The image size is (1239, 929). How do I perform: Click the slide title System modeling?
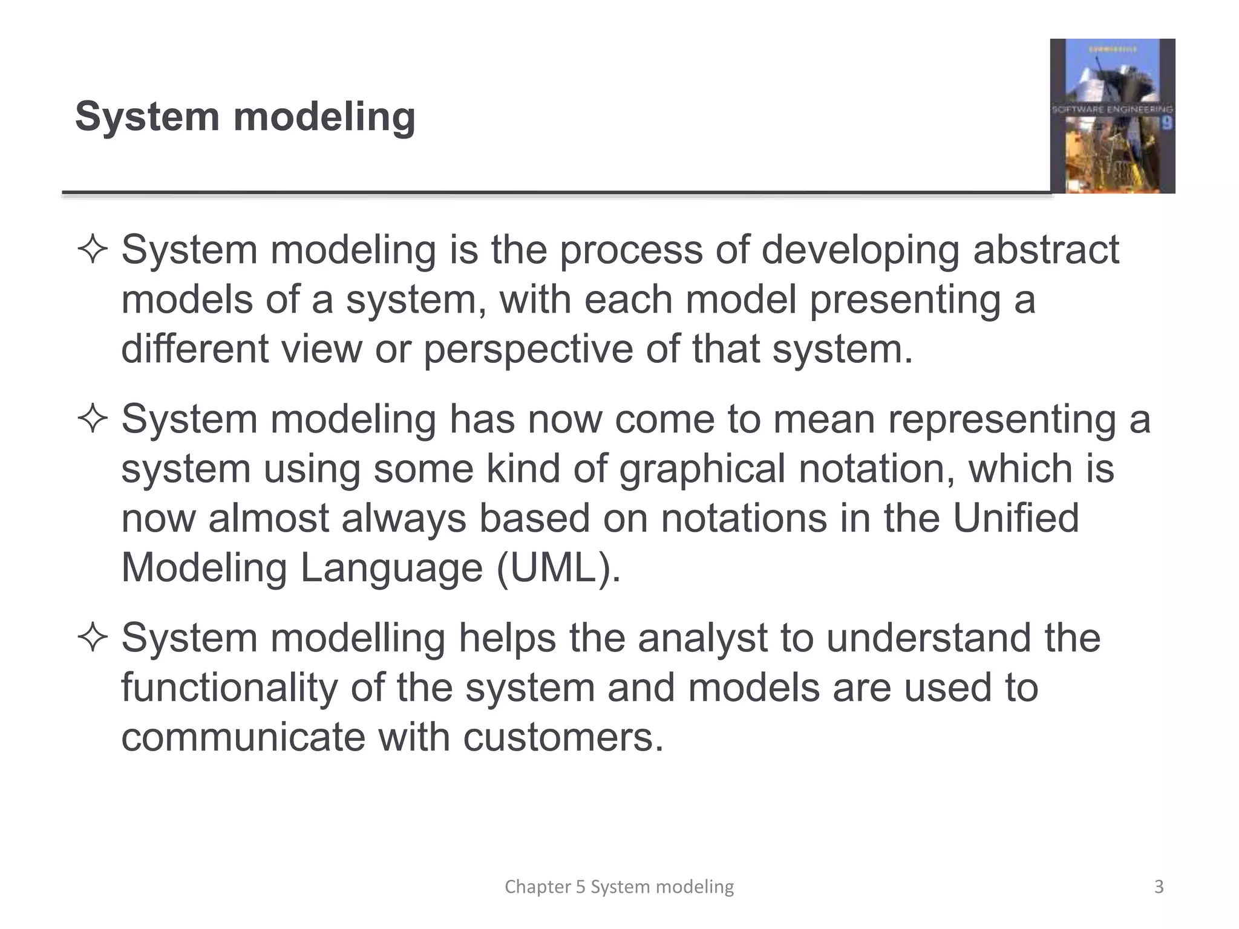[x=245, y=116]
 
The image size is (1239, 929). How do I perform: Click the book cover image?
[x=1112, y=116]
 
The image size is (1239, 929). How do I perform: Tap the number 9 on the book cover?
[x=1166, y=123]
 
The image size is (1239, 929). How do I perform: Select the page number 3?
[x=1159, y=887]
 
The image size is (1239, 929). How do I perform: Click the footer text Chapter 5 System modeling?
[x=619, y=887]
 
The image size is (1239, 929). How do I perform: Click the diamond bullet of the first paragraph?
[x=93, y=250]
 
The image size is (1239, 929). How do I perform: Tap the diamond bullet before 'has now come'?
[x=93, y=419]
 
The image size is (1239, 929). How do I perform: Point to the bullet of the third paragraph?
[x=93, y=638]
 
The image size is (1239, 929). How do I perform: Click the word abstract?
[x=1046, y=250]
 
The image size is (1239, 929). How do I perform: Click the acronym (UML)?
[x=558, y=568]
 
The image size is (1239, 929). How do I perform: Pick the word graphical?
[x=702, y=469]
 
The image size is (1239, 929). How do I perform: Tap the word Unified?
[x=1016, y=518]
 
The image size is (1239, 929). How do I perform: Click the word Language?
[x=391, y=568]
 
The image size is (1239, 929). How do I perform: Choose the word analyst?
[x=702, y=638]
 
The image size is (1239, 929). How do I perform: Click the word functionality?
[x=229, y=688]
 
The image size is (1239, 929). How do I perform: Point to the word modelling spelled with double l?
[x=358, y=638]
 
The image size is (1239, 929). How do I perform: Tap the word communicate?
[x=243, y=737]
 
